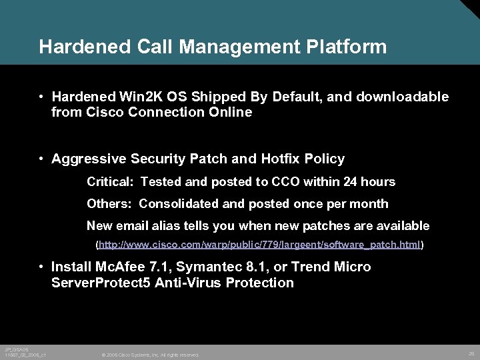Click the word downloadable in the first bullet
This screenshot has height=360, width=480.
point(403,97)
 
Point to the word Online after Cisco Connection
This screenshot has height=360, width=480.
point(230,113)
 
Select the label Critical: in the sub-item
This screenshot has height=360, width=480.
point(111,182)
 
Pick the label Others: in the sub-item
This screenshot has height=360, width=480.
point(111,204)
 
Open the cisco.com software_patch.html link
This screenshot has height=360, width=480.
point(260,245)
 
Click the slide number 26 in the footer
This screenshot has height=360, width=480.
point(471,353)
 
